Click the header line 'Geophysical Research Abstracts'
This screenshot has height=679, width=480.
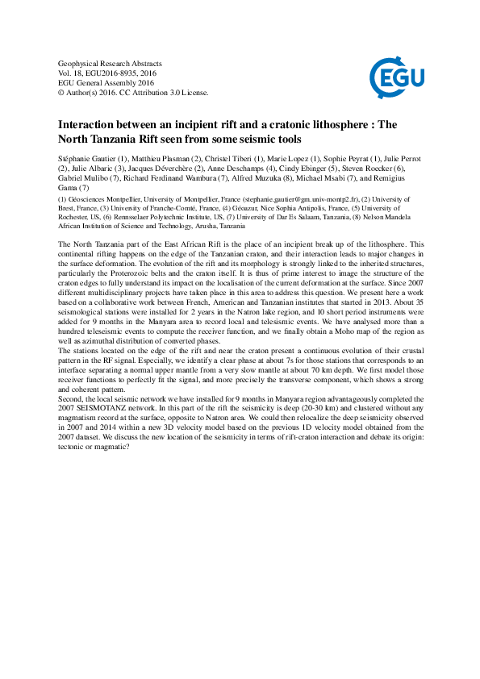click(111, 63)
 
